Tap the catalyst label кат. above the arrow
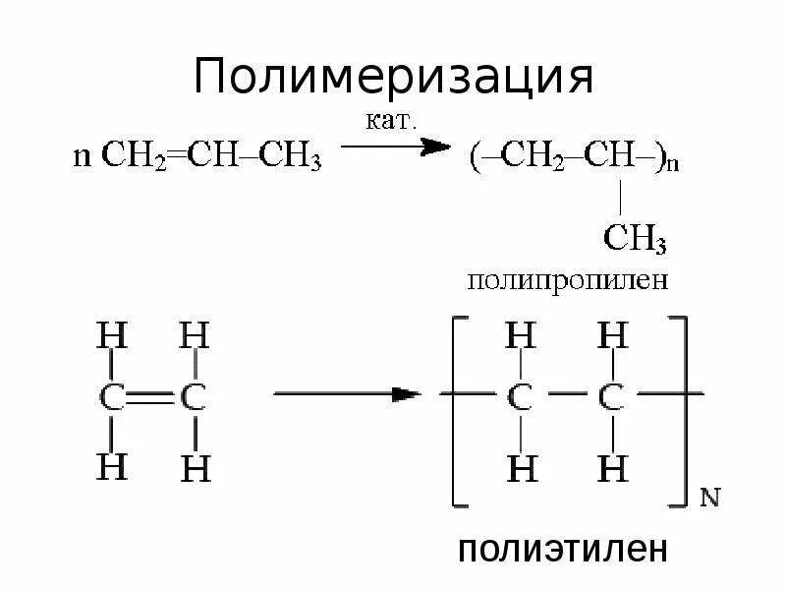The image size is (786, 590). [392, 122]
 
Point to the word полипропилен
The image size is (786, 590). [567, 280]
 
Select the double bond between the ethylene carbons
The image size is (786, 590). [154, 397]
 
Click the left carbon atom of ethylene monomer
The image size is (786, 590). [113, 397]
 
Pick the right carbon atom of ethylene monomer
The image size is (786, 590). [196, 397]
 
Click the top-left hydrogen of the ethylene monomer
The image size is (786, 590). [113, 337]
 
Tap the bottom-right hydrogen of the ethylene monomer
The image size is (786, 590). [196, 469]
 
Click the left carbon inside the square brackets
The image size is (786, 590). [521, 397]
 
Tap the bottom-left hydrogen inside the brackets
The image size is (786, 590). [521, 469]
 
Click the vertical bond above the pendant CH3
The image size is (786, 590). [621, 199]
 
